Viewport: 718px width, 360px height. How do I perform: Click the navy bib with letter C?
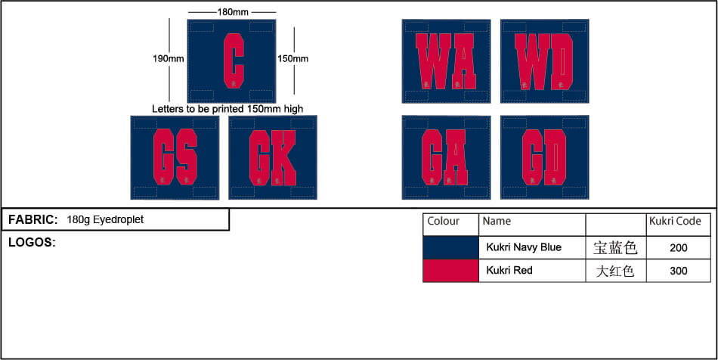231,60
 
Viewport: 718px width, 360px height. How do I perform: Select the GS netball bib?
175,157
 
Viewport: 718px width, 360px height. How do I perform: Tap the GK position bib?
273,157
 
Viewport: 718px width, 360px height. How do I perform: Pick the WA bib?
446,61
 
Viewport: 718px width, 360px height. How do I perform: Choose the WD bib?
544,61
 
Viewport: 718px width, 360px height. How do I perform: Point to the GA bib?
446,157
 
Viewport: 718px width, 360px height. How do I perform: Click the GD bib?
544,157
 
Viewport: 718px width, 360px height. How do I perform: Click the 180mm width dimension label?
231,12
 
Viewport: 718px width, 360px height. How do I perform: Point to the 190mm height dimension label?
168,58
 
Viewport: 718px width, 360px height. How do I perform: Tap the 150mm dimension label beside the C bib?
292,58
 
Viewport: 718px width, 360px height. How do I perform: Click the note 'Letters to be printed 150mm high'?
227,109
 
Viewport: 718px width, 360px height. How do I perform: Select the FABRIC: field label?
33,220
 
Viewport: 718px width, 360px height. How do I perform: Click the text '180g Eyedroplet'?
105,220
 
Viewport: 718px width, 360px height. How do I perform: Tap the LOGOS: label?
32,243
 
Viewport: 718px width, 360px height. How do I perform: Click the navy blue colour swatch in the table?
450,247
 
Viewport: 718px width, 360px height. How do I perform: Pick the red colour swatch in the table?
450,270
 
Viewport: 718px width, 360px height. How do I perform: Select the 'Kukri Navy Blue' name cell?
524,247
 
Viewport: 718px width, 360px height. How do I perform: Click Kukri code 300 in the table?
678,270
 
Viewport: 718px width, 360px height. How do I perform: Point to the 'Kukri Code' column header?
675,222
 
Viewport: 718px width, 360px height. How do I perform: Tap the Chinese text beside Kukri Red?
615,270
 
